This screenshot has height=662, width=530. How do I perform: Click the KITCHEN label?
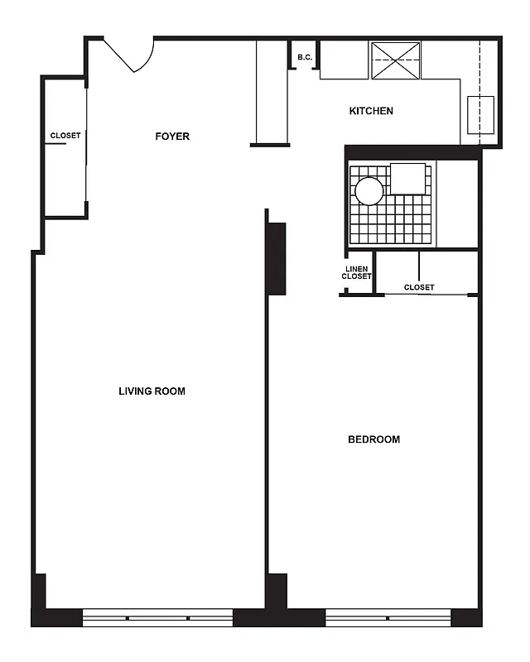click(x=371, y=111)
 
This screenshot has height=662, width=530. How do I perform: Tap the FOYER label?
click(x=172, y=137)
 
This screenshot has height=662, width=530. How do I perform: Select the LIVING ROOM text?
click(x=152, y=391)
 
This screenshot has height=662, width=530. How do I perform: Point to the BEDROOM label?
click(x=373, y=439)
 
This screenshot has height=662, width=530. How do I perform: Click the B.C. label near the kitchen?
click(x=304, y=57)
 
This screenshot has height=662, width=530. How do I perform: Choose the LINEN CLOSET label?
click(x=357, y=272)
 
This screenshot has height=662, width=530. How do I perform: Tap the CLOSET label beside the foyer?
click(x=65, y=136)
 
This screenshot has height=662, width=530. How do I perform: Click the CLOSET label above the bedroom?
click(x=419, y=288)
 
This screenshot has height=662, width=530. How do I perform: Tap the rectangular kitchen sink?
click(x=480, y=115)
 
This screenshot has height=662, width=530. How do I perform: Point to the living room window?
click(x=157, y=617)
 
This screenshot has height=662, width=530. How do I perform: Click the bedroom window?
click(x=388, y=617)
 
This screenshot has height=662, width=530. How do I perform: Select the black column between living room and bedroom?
click(x=276, y=258)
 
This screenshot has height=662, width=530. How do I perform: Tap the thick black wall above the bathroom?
click(x=412, y=152)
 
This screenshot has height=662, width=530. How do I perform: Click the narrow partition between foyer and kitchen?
click(x=270, y=93)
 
